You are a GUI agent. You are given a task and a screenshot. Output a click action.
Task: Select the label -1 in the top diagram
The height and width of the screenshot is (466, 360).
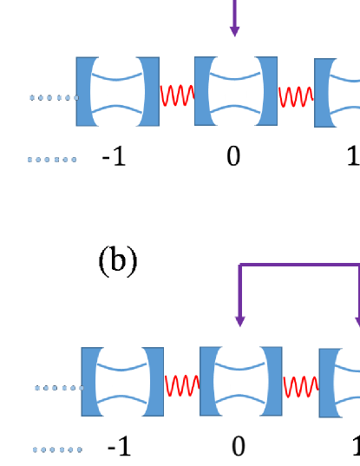114,159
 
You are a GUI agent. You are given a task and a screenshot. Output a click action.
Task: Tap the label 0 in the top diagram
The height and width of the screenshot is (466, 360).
233,159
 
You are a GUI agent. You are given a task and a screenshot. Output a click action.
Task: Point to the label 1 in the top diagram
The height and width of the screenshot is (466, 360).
352,159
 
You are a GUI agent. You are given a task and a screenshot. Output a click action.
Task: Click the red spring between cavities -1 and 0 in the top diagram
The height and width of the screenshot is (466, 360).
176,93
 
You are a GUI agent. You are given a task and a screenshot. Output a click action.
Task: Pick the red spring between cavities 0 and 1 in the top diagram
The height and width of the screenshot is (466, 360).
295,93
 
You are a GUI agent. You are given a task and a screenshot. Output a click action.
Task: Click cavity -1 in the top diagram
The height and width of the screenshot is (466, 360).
117,91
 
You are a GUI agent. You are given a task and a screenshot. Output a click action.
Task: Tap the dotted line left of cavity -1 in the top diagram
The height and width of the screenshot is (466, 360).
52,98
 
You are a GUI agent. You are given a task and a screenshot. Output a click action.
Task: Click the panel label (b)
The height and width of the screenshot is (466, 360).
118,261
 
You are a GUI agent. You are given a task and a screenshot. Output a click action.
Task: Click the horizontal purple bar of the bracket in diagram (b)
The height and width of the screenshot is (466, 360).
299,266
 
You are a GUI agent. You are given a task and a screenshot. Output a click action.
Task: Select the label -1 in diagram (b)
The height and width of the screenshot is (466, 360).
119,448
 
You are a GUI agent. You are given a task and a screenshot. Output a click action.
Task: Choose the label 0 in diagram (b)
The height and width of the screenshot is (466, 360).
239,448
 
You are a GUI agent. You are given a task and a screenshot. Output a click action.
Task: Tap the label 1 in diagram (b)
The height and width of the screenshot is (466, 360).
355,448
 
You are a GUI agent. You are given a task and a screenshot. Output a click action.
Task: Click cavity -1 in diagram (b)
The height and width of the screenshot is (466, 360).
122,382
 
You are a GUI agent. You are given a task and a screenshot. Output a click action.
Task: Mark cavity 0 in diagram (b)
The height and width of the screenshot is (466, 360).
240,382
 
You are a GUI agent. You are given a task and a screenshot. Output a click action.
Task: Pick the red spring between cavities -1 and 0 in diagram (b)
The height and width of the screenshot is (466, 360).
181,383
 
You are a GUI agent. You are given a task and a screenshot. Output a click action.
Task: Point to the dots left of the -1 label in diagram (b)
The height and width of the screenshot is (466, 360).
58,450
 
